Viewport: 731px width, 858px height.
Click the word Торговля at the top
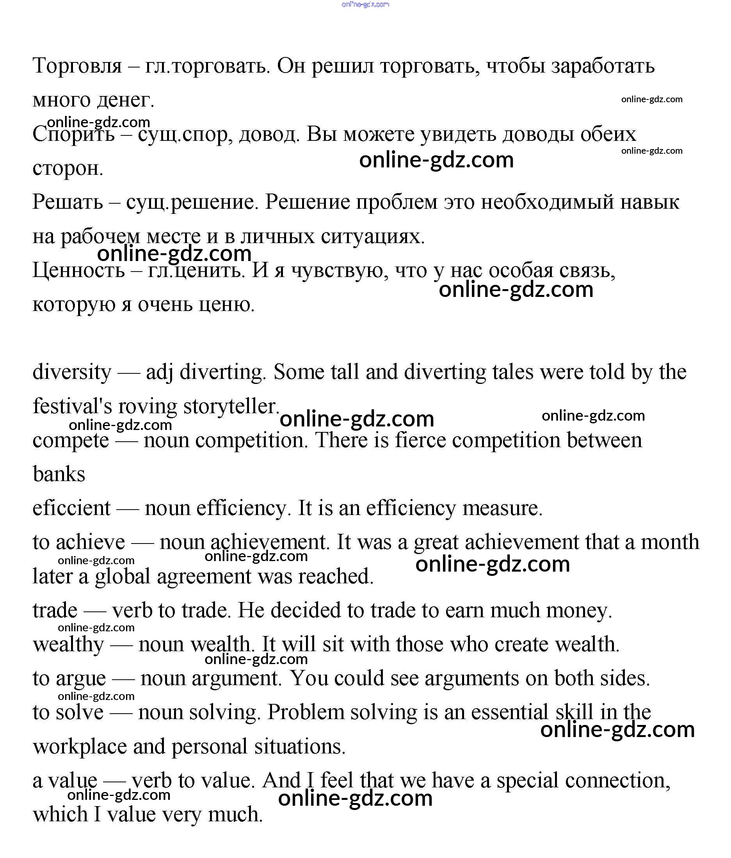(77, 66)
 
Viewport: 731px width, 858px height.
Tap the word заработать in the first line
(603, 66)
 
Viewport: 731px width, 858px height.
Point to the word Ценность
(79, 270)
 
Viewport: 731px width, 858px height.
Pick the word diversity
(72, 372)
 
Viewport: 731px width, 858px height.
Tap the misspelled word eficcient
(72, 508)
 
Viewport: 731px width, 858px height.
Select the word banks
(59, 474)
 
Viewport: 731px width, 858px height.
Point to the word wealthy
(69, 644)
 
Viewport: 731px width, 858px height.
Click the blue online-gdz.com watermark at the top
(365, 5)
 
